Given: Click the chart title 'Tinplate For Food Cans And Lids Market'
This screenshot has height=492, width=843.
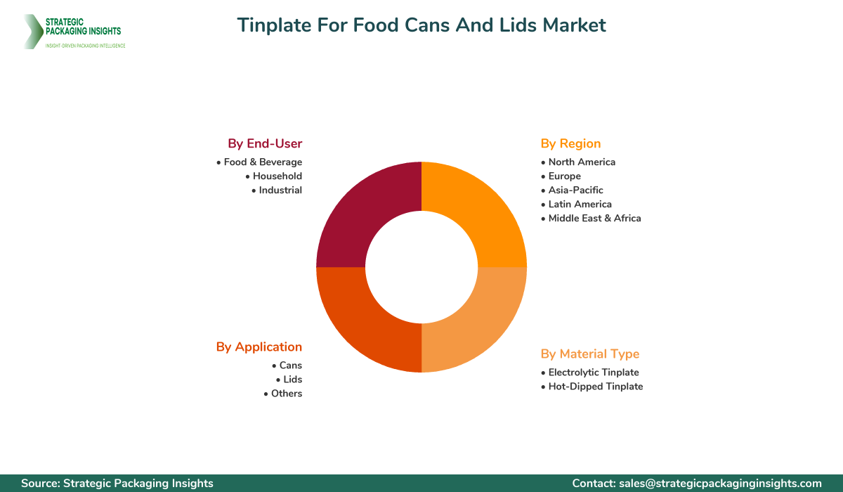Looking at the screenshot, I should [421, 25].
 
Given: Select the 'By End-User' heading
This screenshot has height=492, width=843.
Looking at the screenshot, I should [265, 143].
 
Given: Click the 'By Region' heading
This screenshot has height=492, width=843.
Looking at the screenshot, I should [570, 143].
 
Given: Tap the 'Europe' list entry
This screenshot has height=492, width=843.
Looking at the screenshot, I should [564, 176].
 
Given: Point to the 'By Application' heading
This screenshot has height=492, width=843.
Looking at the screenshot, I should [259, 347].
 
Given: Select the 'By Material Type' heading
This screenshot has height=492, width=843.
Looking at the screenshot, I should [590, 354].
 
